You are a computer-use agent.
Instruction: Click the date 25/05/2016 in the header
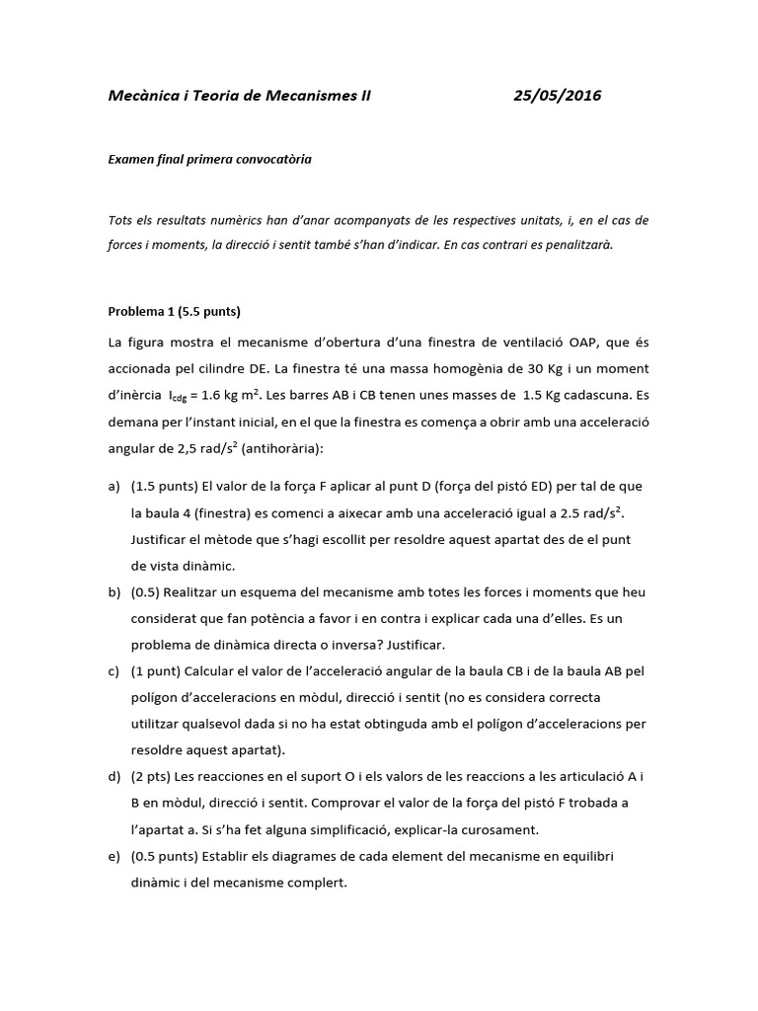pyautogui.click(x=558, y=96)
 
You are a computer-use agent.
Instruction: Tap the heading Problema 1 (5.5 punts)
pyautogui.click(x=174, y=310)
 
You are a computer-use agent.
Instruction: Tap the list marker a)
pyautogui.click(x=114, y=487)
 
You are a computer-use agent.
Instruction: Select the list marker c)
pyautogui.click(x=114, y=671)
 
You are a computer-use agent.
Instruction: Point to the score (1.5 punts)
pyautogui.click(x=164, y=487)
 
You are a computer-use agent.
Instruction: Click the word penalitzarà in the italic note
pyautogui.click(x=579, y=246)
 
